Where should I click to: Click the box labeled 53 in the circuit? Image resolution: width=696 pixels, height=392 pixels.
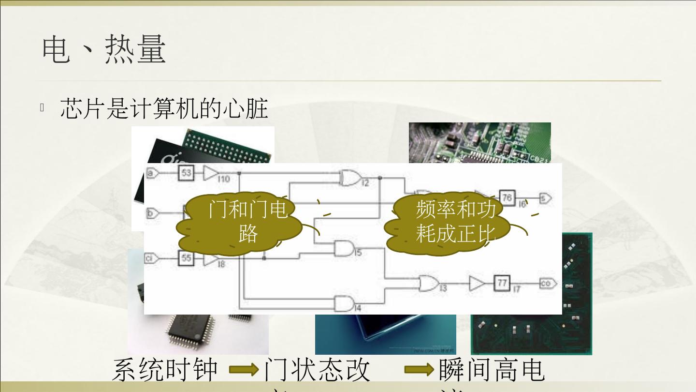[x=186, y=173]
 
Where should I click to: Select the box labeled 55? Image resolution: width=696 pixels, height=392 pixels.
[x=187, y=258]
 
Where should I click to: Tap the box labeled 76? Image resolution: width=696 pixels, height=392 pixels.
[x=507, y=197]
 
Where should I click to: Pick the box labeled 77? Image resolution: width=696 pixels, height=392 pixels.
[x=502, y=283]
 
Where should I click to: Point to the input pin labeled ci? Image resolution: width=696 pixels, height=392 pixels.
[x=151, y=258]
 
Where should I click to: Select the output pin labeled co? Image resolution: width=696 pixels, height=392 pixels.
[x=548, y=283]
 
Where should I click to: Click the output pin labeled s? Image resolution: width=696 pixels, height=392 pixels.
[x=545, y=197]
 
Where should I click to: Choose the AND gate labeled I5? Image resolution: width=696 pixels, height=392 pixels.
[x=344, y=249]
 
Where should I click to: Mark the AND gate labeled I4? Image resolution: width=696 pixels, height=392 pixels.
[x=344, y=303]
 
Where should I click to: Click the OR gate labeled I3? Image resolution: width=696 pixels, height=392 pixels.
[x=428, y=283]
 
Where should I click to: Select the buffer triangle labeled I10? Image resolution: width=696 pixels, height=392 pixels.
[x=211, y=173]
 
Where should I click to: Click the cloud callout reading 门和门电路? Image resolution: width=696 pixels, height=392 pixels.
[x=247, y=223]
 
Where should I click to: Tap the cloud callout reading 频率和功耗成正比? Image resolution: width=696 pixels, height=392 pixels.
[x=455, y=223]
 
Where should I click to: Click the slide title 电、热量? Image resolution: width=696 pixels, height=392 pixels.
[x=104, y=50]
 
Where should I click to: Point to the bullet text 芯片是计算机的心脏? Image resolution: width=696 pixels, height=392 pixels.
[x=164, y=108]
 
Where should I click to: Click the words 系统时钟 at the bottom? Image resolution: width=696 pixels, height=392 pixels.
[x=165, y=370]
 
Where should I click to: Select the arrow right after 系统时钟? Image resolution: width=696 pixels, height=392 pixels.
[x=244, y=370]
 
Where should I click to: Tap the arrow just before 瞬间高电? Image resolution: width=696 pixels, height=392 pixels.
[x=419, y=370]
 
